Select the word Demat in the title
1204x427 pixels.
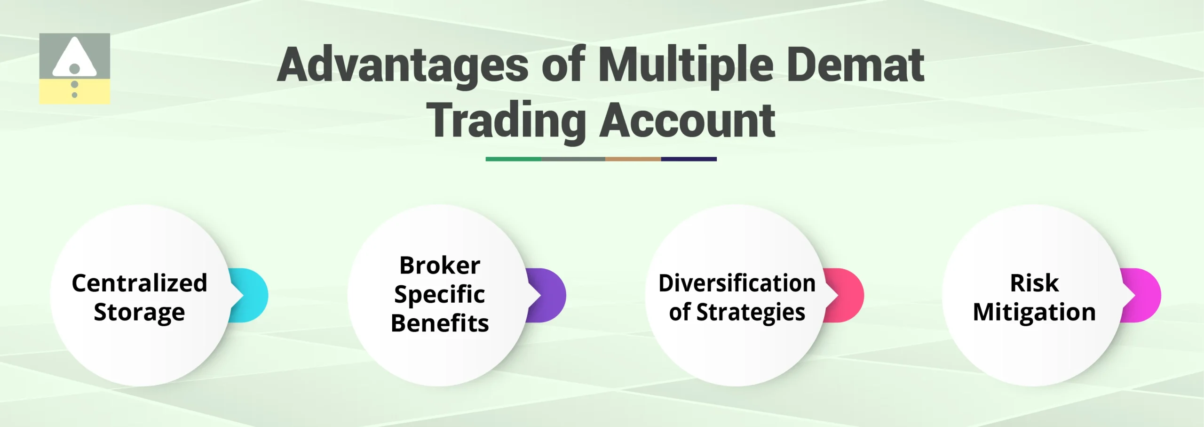click(x=855, y=65)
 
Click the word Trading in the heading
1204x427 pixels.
click(x=506, y=121)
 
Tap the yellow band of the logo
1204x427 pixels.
click(x=94, y=92)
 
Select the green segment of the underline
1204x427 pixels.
click(x=513, y=159)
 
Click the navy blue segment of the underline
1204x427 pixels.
click(x=689, y=159)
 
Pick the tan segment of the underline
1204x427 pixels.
click(x=633, y=159)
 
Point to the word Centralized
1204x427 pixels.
click(x=139, y=283)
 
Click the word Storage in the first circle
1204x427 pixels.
click(x=139, y=313)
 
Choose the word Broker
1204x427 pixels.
click(x=440, y=266)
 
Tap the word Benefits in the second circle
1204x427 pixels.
click(x=440, y=323)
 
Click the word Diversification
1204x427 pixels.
click(x=737, y=283)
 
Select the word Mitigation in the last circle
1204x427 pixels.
click(x=1034, y=313)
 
